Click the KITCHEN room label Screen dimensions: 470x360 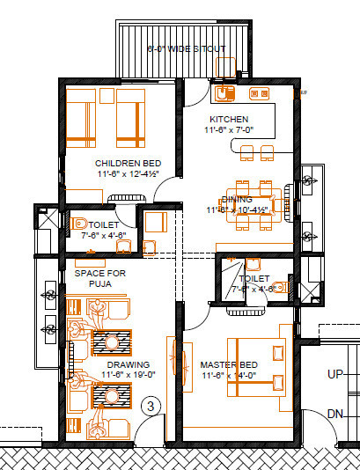(228, 119)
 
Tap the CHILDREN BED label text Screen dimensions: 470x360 (128, 164)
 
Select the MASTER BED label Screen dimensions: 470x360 (228, 364)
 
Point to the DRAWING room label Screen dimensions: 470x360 (129, 364)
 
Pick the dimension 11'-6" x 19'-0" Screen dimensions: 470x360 (129, 375)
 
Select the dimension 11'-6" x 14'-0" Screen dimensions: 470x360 (228, 376)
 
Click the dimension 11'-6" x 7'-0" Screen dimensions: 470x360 (228, 130)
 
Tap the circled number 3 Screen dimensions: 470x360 (151, 406)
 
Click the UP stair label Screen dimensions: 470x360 (334, 374)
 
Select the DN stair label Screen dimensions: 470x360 (334, 413)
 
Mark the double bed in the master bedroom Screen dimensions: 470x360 (256, 364)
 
